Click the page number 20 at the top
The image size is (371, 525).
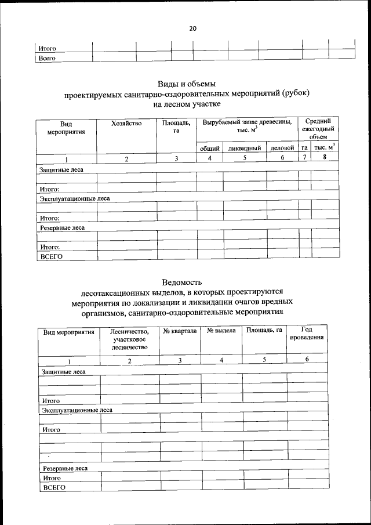tap(192, 28)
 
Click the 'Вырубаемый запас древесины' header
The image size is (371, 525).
tap(247, 127)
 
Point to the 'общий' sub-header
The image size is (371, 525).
tap(209, 149)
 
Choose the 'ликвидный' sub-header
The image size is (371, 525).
tap(245, 149)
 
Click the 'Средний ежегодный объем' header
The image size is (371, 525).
tap(318, 129)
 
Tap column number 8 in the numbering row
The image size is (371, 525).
tap(325, 158)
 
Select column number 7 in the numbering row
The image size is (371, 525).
tap(305, 158)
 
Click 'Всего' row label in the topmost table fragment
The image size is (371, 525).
tap(46, 59)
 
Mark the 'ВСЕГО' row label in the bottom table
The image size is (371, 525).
tap(52, 487)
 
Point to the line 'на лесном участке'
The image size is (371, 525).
tap(187, 104)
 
